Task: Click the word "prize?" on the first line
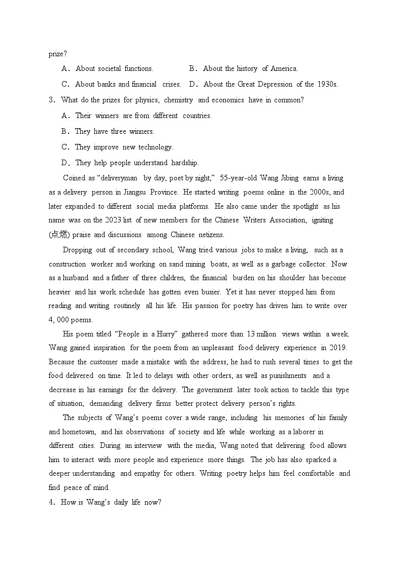[x=58, y=53]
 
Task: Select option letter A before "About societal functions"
[x=65, y=68]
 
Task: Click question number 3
[x=51, y=100]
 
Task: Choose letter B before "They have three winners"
[x=65, y=131]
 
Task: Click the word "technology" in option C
[x=155, y=147]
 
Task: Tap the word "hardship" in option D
[x=185, y=163]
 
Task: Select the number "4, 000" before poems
[x=61, y=320]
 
